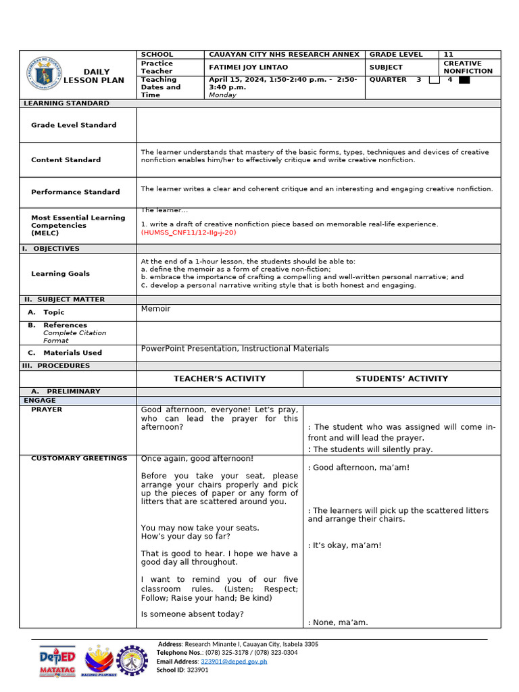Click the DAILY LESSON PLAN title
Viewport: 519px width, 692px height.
tap(94, 76)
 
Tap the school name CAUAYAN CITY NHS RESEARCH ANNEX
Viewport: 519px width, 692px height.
tap(284, 54)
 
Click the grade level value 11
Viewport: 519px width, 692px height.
tap(448, 54)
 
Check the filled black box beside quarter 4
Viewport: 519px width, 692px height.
tap(464, 80)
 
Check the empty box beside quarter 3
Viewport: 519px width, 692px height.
tap(435, 80)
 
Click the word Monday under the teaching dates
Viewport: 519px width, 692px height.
tap(222, 95)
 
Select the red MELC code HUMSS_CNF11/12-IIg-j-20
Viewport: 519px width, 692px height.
tap(189, 232)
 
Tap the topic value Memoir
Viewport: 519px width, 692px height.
tap(155, 309)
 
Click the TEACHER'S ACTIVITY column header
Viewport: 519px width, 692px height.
tap(220, 378)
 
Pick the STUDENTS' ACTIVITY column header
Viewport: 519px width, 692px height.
tap(401, 378)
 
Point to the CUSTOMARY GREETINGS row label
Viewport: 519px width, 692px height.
tap(79, 458)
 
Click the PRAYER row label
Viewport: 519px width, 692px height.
tap(47, 410)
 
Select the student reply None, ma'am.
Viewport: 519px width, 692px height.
tap(338, 622)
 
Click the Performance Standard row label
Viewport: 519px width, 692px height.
tap(75, 192)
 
